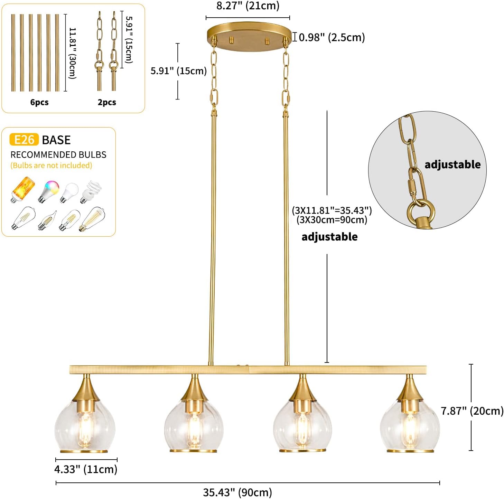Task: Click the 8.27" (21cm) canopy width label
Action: [248, 6]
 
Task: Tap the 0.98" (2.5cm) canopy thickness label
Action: [332, 37]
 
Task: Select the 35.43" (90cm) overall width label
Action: [237, 492]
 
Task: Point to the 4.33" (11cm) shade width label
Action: [86, 469]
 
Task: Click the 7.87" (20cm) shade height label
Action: [472, 411]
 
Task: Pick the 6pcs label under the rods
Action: [39, 102]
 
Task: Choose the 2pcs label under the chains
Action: [107, 102]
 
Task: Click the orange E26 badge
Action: [24, 140]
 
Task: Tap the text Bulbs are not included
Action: [51, 166]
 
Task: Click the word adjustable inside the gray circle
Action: [452, 164]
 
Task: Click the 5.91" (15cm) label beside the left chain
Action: [178, 71]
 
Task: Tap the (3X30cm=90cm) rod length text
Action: [332, 220]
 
